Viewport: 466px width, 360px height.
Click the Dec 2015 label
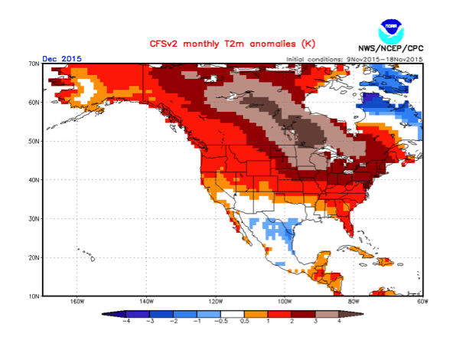[60, 59]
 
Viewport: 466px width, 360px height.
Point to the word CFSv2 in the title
[158, 43]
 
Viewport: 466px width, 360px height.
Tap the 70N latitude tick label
[34, 64]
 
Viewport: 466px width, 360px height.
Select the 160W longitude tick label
[77, 302]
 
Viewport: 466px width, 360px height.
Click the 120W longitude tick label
[215, 302]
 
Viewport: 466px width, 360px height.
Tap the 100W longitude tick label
[285, 302]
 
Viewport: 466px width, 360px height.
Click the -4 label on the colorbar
[126, 322]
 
